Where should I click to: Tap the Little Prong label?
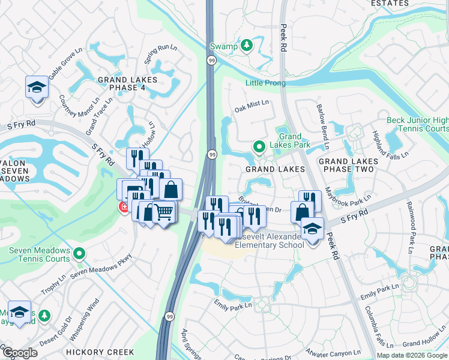265,83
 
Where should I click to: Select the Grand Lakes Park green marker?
259,146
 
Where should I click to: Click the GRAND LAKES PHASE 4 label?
127,84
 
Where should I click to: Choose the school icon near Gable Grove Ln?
37,88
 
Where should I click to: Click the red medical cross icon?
124,207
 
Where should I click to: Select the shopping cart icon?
164,211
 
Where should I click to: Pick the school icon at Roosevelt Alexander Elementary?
312,228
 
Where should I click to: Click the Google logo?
20,353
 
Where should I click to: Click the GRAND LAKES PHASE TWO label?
349,165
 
